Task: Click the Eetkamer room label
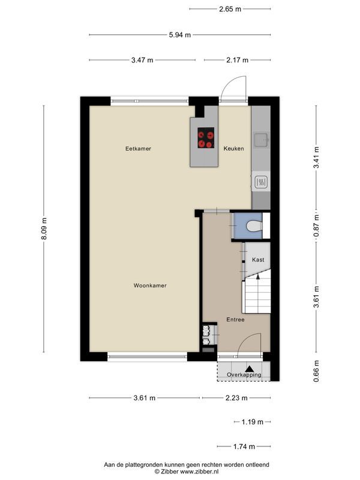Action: coord(138,148)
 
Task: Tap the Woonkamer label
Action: coord(150,286)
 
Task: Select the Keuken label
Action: coord(233,148)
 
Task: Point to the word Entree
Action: coord(235,320)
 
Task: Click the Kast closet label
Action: coord(258,260)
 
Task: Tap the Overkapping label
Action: coord(244,374)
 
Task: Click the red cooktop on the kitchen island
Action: coord(206,138)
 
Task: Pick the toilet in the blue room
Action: coord(254,226)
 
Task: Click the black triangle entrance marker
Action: coord(250,369)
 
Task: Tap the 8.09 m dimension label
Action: coord(44,229)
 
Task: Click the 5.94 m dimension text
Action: coord(179,35)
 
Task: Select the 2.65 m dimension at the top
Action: coord(230,9)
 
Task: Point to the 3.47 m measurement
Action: coord(142,60)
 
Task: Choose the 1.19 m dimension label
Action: coord(252,422)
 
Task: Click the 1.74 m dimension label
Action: coord(244,446)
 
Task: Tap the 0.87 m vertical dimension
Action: coord(316,225)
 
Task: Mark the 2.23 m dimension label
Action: coord(236,398)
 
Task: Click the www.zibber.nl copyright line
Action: coord(187,472)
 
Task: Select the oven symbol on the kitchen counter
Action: coord(261,183)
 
